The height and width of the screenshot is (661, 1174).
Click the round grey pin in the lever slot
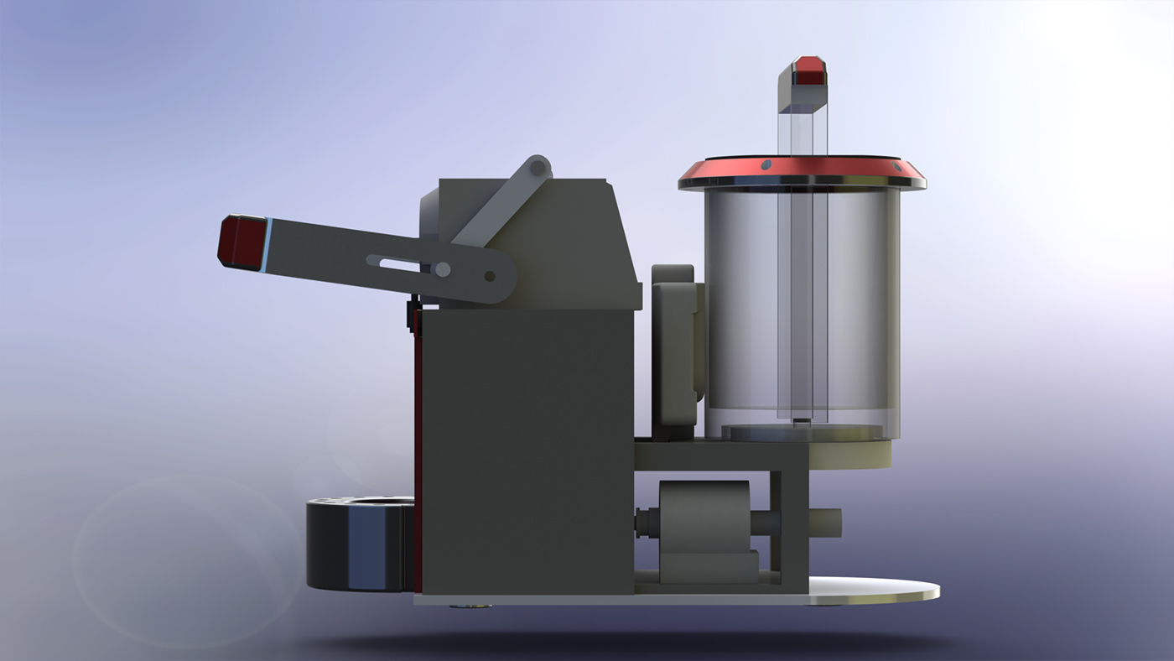(x=442, y=269)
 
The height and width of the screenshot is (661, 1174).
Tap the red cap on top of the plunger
(x=810, y=70)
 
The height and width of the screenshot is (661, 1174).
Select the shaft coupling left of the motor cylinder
(x=647, y=523)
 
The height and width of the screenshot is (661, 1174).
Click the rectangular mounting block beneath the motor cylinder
(x=709, y=566)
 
